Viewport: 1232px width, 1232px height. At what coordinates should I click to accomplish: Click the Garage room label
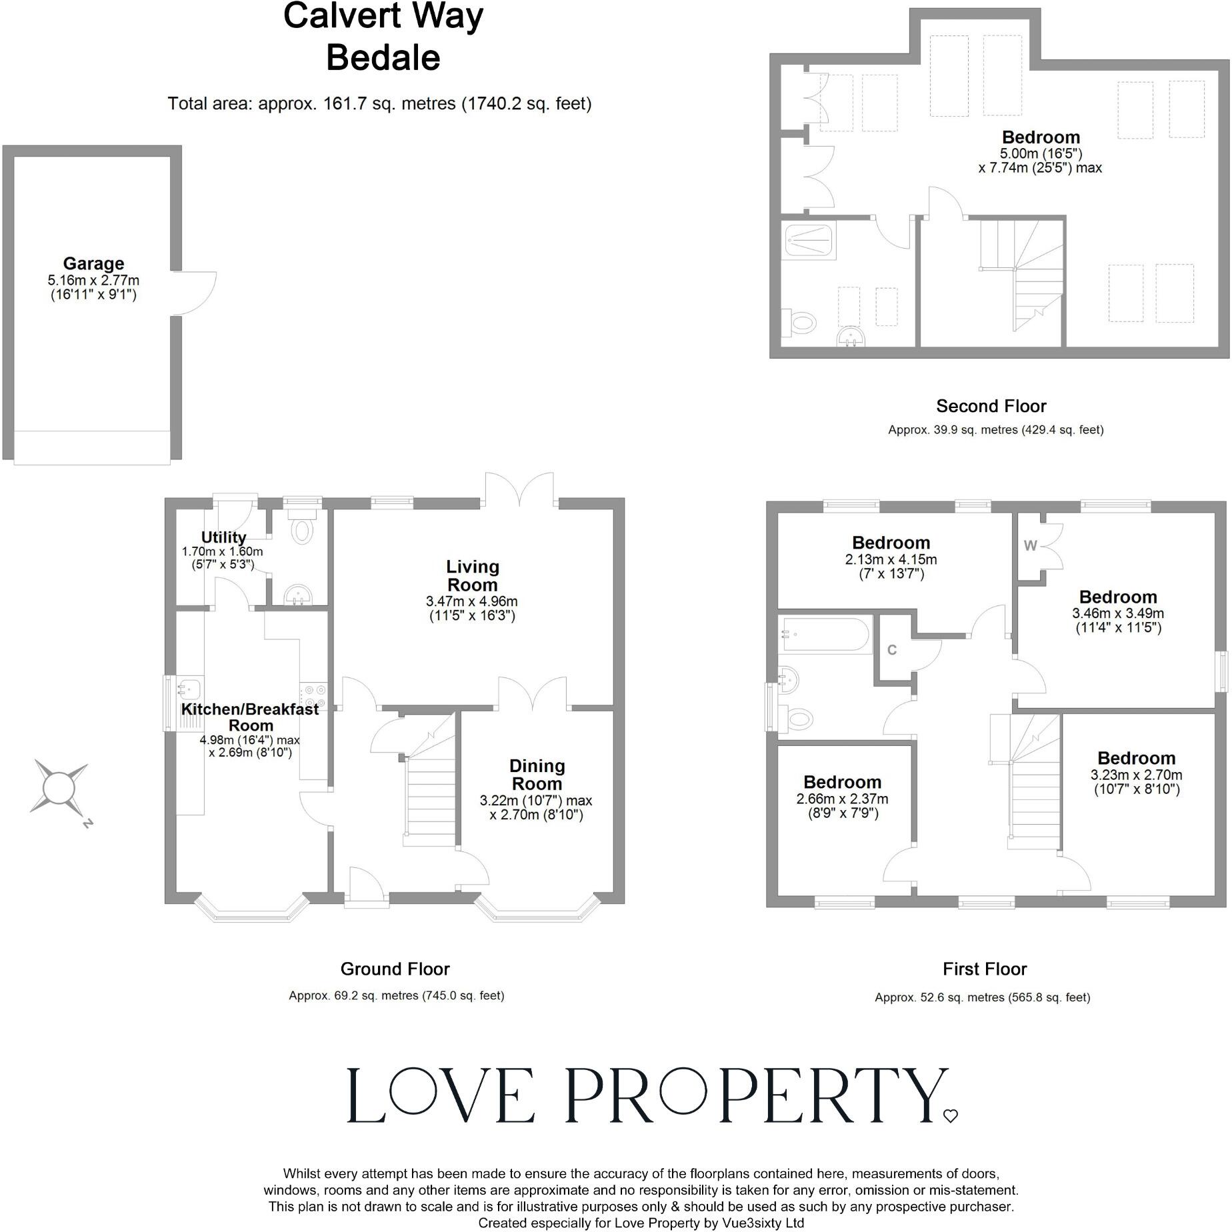point(93,264)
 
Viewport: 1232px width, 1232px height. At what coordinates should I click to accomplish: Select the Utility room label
point(223,537)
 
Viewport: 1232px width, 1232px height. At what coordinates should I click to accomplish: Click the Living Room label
point(472,576)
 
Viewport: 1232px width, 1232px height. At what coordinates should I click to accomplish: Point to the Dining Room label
point(537,775)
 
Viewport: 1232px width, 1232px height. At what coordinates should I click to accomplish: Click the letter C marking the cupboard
point(892,650)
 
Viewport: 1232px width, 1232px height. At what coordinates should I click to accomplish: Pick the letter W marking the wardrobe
point(1030,546)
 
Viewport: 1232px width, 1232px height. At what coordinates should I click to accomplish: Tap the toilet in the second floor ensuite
point(800,323)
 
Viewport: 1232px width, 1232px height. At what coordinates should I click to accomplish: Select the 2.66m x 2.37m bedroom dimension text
point(842,799)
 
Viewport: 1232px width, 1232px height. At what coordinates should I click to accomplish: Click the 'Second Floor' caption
point(991,406)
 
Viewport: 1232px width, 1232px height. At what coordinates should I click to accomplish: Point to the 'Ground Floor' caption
point(395,969)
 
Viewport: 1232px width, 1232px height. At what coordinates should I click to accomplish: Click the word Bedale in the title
point(383,58)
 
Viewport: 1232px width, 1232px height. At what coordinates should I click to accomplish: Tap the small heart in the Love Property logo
point(951,1116)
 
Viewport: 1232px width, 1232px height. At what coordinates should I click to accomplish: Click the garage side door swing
point(197,293)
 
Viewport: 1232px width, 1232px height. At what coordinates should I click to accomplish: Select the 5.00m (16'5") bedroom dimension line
point(1040,153)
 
